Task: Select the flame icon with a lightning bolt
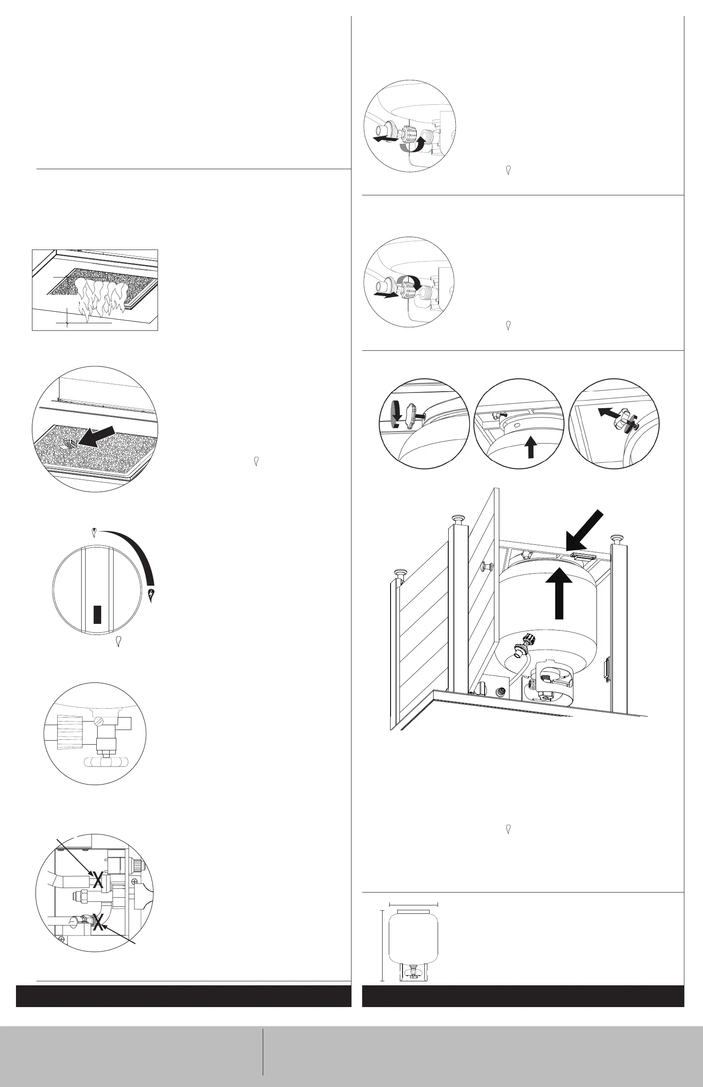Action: click(x=153, y=594)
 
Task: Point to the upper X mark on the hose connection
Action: click(x=97, y=880)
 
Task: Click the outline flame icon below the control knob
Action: click(x=118, y=641)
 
